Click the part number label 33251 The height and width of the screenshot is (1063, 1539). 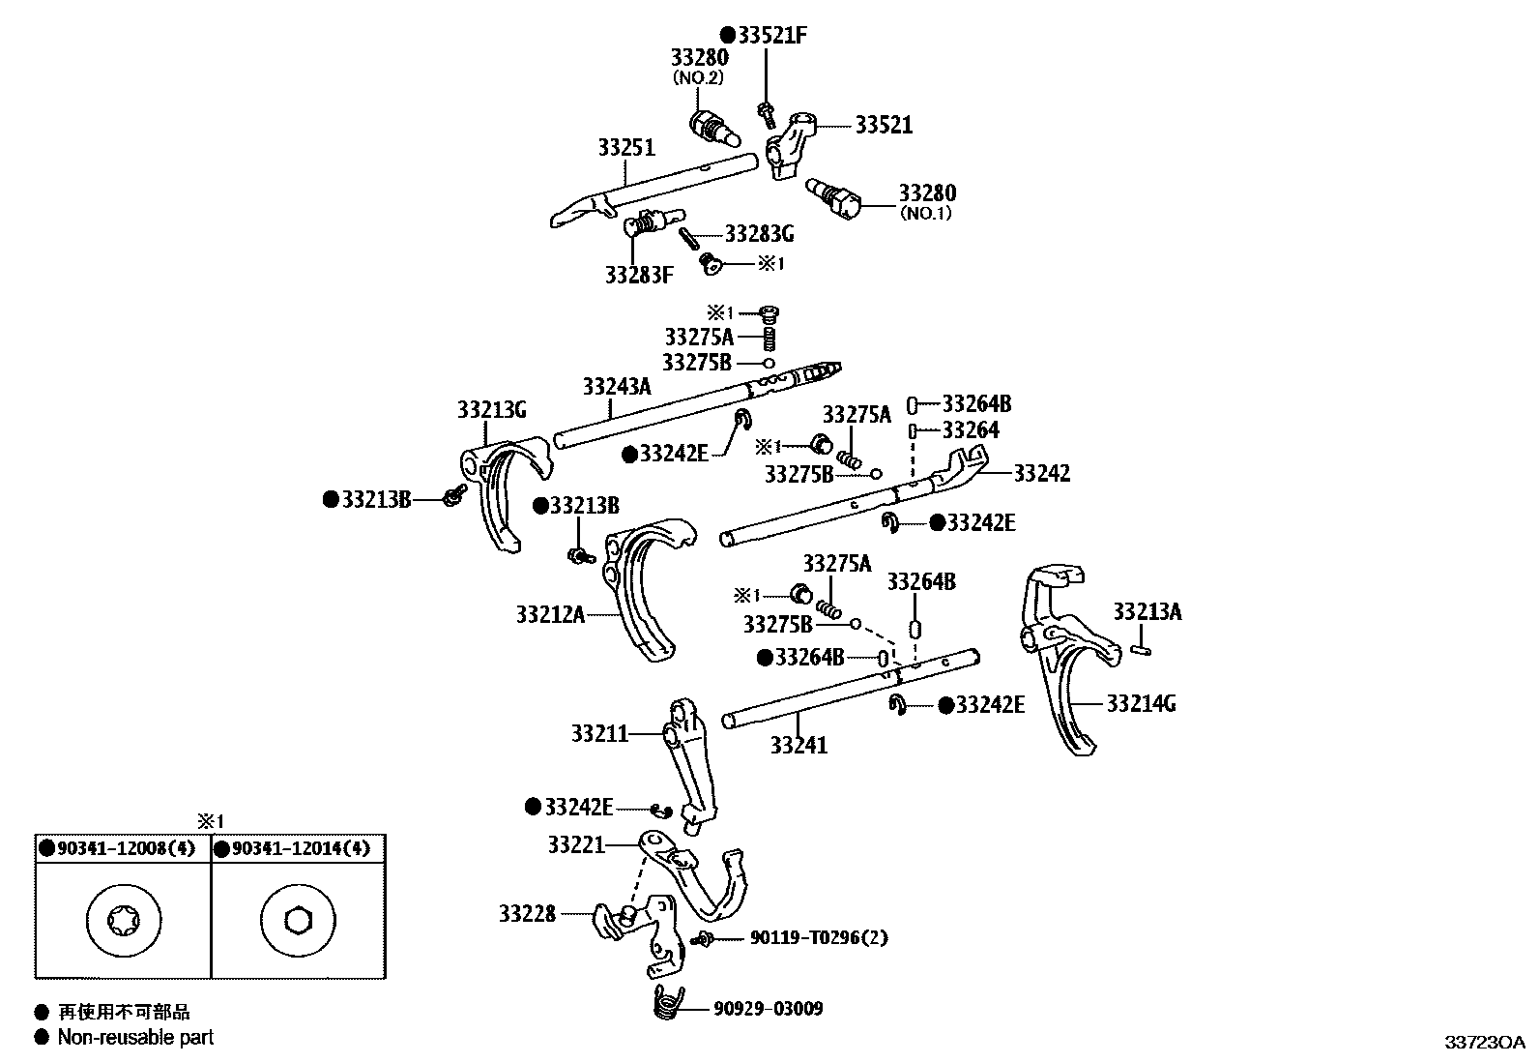(625, 148)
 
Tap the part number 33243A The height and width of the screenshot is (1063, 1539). (617, 387)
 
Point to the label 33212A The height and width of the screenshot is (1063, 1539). (549, 614)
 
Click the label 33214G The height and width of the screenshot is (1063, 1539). (1141, 703)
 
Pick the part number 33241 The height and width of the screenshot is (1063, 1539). (799, 745)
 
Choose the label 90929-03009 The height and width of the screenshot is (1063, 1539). (769, 1009)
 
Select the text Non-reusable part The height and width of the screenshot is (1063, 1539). (135, 1038)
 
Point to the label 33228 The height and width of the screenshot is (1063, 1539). (527, 913)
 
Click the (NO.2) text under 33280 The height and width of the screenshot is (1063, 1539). (698, 78)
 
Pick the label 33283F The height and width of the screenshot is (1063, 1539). (638, 275)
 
